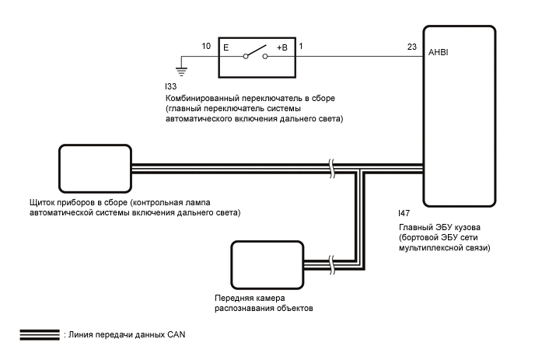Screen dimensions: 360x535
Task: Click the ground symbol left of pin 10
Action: [181, 68]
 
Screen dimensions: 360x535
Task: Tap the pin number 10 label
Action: [206, 47]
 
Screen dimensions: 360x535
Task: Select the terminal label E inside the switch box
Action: [226, 47]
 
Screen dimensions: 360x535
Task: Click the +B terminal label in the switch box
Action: [281, 47]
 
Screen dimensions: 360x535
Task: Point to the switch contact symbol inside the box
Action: [253, 55]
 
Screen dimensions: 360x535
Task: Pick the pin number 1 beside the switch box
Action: [302, 47]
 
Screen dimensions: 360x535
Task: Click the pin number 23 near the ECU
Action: [411, 47]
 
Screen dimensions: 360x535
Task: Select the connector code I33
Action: [171, 88]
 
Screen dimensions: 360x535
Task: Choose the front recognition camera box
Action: [267, 264]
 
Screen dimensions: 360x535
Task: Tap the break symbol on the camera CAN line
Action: [334, 264]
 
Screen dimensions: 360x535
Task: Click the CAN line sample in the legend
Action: [40, 334]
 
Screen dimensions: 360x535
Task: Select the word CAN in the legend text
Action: [177, 334]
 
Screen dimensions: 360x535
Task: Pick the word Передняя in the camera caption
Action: [234, 299]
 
